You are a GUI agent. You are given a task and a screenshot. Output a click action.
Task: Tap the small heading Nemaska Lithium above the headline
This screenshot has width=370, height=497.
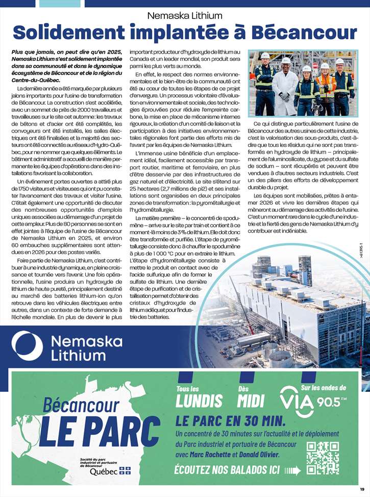[185, 15]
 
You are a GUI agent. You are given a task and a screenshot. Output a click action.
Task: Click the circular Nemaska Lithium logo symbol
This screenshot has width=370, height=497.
[27, 345]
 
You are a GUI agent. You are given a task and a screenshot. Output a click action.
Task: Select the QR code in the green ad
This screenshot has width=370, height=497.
[323, 458]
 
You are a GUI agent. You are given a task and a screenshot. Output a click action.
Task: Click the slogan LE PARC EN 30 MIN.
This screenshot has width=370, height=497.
[230, 421]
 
